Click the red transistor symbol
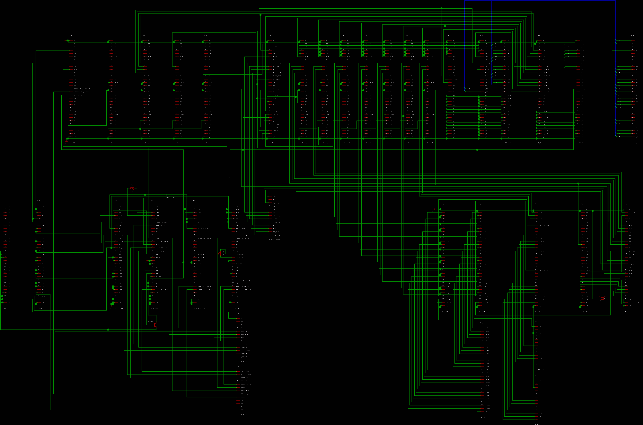pyautogui.click(x=155, y=325)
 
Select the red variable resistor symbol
pyautogui.click(x=132, y=188)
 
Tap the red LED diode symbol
pyautogui.click(x=220, y=253)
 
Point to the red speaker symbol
pyautogui.click(x=602, y=297)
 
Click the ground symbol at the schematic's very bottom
pyautogui.click(x=477, y=415)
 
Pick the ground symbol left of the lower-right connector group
pyautogui.click(x=400, y=312)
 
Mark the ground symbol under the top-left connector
pyautogui.click(x=66, y=140)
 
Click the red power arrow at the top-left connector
pyautogui.click(x=66, y=41)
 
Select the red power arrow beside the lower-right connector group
pyautogui.click(x=435, y=209)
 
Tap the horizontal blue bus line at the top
pyautogui.click(x=540, y=1)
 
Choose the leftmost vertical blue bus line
pyautogui.click(x=465, y=45)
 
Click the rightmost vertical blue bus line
pyautogui.click(x=615, y=64)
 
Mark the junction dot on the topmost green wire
pyautogui.click(x=442, y=8)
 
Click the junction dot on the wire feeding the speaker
pyautogui.click(x=593, y=211)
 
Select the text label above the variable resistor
pyautogui.click(x=132, y=185)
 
